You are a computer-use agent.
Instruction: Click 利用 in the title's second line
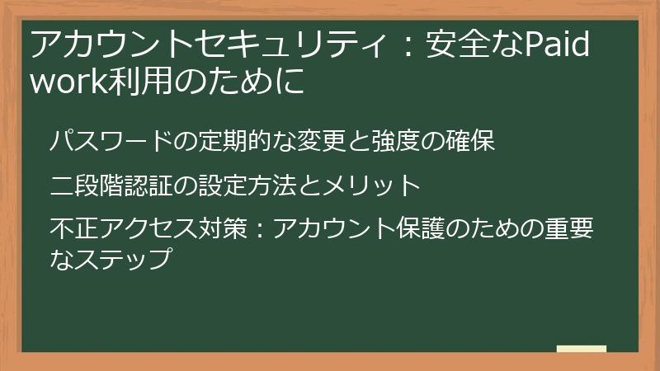point(134,82)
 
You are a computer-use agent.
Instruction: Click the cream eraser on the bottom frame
point(581,350)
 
